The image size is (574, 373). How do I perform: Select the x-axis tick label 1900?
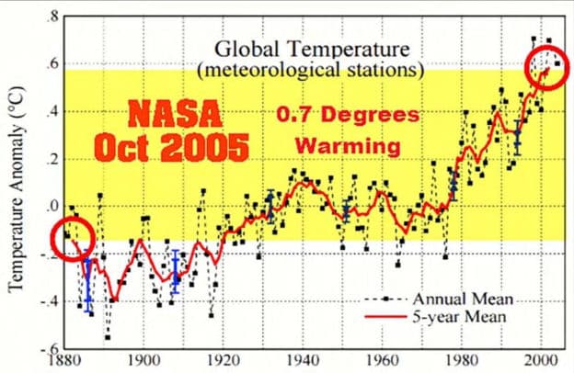[x=143, y=360]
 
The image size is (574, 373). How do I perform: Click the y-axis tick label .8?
[x=53, y=17]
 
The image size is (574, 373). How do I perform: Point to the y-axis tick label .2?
[x=53, y=159]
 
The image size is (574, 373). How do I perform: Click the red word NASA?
[x=175, y=114]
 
